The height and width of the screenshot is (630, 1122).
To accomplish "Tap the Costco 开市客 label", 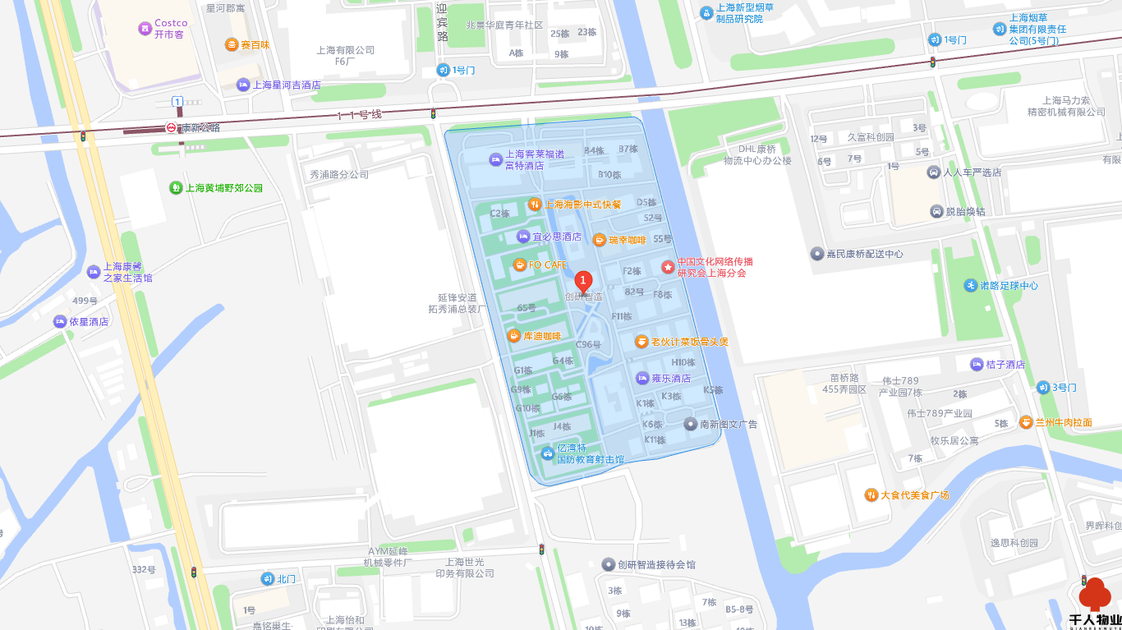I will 171,29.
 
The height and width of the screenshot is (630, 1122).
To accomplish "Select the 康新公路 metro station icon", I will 171,128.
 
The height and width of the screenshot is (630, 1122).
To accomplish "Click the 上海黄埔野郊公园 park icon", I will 176,188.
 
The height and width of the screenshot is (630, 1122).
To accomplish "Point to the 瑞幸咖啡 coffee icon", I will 600,240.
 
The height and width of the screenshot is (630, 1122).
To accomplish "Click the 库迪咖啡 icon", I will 513,335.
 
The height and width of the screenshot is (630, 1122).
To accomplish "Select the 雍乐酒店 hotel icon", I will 642,379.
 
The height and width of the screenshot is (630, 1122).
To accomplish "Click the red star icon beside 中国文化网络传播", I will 668,267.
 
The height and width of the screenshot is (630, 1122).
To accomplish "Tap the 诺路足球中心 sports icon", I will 972,286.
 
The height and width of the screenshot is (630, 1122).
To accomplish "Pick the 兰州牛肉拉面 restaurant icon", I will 1026,422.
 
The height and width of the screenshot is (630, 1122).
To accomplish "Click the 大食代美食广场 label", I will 914,494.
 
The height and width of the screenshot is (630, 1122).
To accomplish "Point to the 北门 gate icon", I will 267,579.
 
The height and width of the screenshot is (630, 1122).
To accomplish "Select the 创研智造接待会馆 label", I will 656,564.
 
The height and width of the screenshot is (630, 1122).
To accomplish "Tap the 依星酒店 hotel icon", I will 60,322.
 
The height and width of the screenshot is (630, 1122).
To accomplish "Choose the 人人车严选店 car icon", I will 934,172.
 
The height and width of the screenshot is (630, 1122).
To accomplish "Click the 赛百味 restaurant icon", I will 232,45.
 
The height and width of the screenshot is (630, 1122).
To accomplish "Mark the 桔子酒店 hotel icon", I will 977,365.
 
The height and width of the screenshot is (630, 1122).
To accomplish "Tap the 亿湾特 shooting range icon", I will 548,453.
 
